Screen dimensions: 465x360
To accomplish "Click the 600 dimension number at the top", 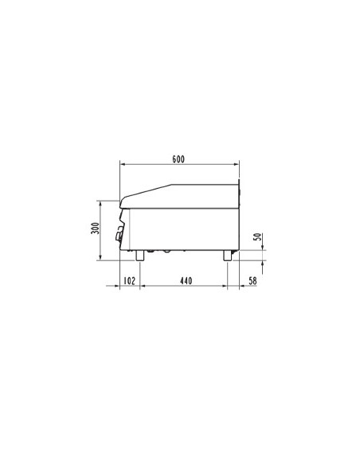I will (178, 158).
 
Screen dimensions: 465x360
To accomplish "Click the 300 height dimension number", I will (95, 229).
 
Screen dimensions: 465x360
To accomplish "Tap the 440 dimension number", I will (186, 280).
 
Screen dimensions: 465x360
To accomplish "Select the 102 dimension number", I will (129, 280).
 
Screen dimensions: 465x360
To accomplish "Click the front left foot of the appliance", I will (140, 255).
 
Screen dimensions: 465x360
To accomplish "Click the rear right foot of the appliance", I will (227, 255).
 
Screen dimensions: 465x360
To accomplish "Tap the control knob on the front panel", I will (121, 233).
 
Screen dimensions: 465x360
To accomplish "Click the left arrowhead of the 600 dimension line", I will (122, 166).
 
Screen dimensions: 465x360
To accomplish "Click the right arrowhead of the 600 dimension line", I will (237, 166).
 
